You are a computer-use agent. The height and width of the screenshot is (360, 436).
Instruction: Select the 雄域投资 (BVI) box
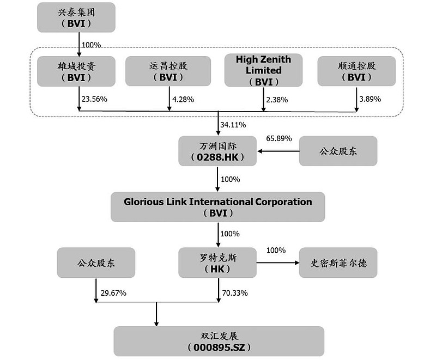[76, 71]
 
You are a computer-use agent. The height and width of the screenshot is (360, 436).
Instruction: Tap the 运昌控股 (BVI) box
[168, 71]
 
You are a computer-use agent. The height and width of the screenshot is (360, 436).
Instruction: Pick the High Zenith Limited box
[263, 70]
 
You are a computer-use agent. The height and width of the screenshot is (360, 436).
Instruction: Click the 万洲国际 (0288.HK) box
[217, 151]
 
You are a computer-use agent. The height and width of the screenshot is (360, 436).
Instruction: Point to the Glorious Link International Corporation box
[217, 207]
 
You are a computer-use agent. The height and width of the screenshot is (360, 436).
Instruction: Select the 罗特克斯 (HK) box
[217, 263]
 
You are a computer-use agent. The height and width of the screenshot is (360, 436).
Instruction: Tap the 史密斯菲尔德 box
[338, 263]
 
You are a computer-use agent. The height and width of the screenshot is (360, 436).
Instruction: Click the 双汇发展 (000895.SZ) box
[219, 341]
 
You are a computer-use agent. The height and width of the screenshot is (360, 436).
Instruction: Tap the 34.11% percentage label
[233, 125]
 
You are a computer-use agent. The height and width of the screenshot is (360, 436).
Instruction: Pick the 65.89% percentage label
[279, 139]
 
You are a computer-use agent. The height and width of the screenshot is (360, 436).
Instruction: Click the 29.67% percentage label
[113, 293]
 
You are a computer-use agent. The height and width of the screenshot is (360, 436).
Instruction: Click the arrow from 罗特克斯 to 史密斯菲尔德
[277, 263]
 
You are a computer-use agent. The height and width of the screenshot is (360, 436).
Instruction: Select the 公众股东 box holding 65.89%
[338, 151]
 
